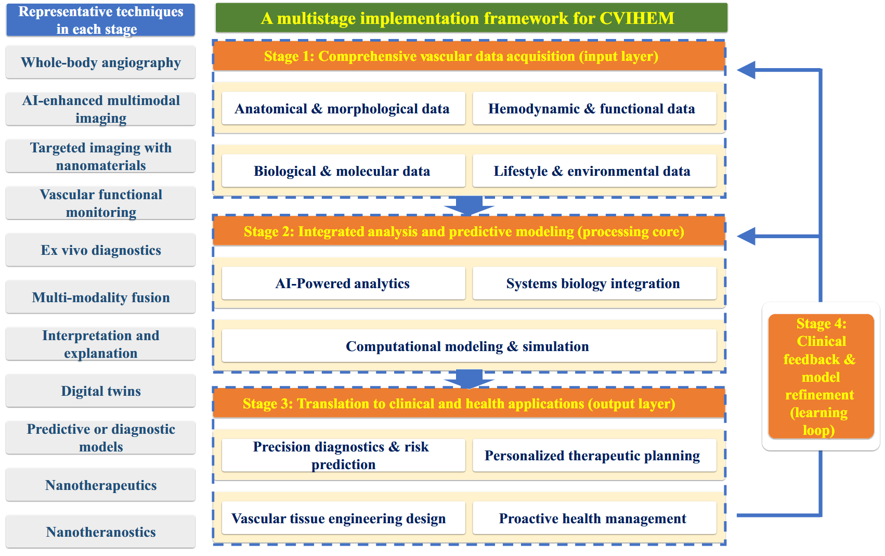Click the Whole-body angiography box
[101, 62]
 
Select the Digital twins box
[101, 391]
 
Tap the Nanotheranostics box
[101, 532]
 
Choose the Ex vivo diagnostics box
[101, 250]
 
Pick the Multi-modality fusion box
[101, 297]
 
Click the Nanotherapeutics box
[101, 485]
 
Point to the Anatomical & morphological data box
[343, 108]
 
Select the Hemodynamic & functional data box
[595, 108]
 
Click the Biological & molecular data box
[343, 171]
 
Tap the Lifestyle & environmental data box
[595, 171]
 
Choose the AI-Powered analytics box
[343, 283]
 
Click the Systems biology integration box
[595, 283]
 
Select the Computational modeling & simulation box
[469, 346]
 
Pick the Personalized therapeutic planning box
[595, 455]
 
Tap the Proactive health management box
[595, 518]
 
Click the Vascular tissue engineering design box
[343, 518]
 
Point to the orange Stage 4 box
[821, 376]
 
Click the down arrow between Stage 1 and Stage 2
[469, 205]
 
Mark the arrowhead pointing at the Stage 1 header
[746, 70]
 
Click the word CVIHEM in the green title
[637, 18]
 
